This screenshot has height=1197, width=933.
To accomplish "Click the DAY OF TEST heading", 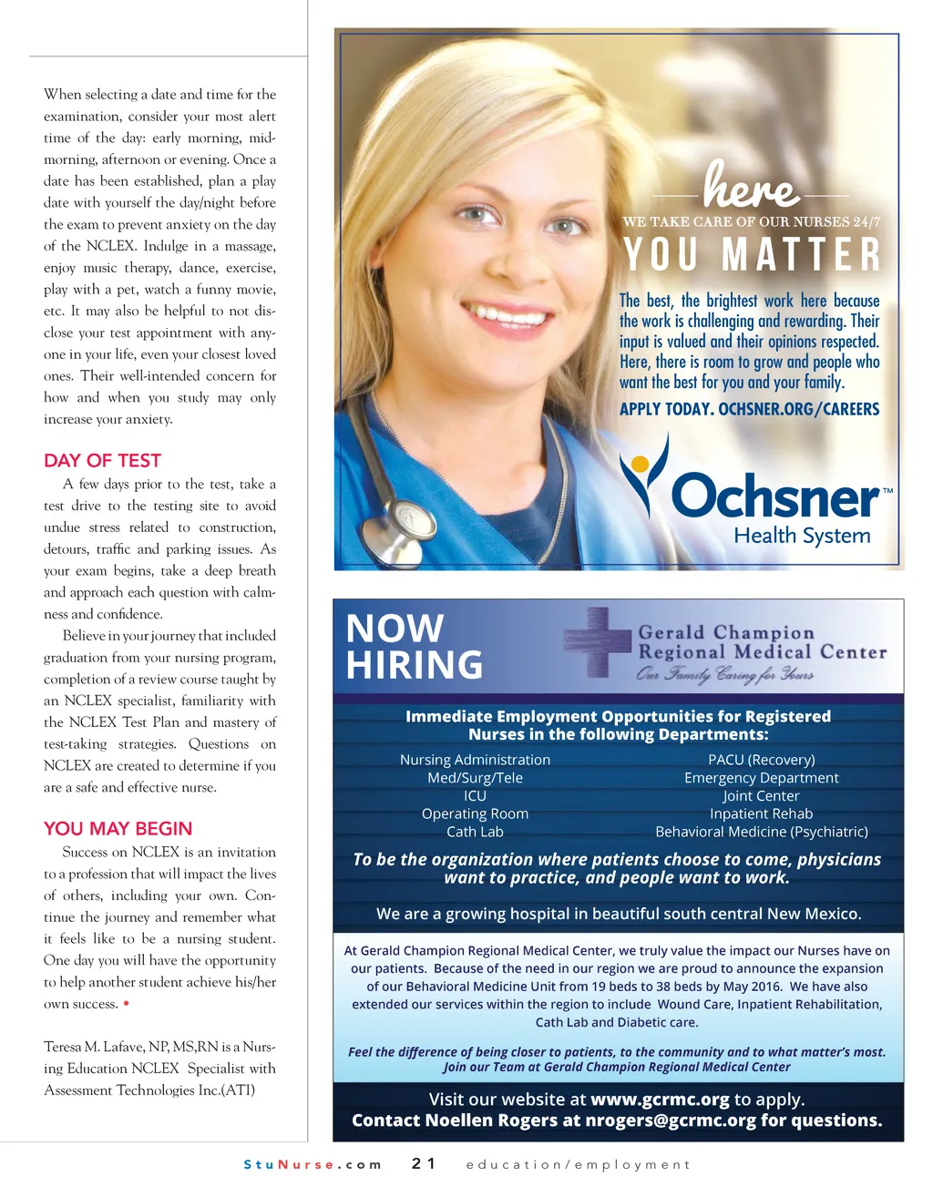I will pos(102,461).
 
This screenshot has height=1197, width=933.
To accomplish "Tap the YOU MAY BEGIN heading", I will pos(118,829).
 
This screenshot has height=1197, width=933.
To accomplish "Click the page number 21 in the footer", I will pos(424,1163).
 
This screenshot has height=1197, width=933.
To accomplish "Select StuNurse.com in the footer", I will pos(313,1164).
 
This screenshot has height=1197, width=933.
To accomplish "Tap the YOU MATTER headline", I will pos(753,255).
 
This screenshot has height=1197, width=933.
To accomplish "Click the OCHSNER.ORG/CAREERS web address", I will pos(798,409).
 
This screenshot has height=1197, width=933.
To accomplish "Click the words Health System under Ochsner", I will pos(802,536).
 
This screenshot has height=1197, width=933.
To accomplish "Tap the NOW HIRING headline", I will pos(414,647).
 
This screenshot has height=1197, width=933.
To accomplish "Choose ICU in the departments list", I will pos(475,795).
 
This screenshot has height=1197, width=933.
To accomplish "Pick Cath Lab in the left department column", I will pos(475,832).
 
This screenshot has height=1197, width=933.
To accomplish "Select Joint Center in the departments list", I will pos(761,795).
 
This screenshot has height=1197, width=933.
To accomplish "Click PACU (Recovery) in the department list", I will pos(761,760).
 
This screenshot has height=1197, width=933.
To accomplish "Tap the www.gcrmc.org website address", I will pos(660,1100).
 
